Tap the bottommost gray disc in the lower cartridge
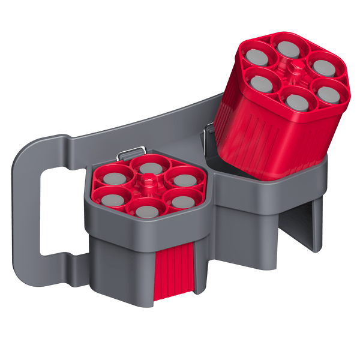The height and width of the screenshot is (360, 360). click(x=146, y=210)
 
